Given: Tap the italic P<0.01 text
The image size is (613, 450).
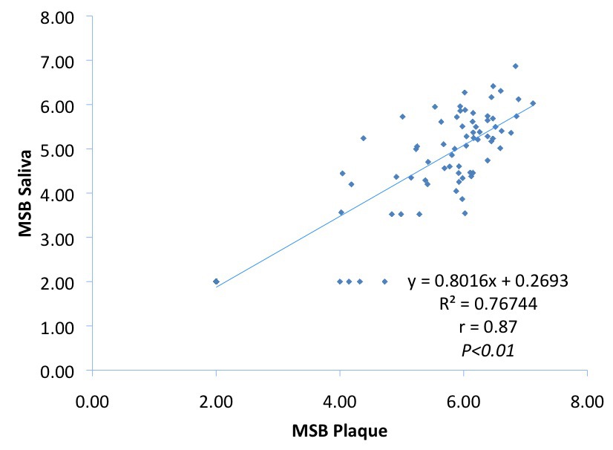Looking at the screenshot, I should coord(488,348).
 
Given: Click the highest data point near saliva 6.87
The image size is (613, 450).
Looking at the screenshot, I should coord(515,66).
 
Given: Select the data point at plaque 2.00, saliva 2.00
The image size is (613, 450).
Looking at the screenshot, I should coord(216,281).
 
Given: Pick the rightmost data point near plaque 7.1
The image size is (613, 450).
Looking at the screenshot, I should coord(533,103).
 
